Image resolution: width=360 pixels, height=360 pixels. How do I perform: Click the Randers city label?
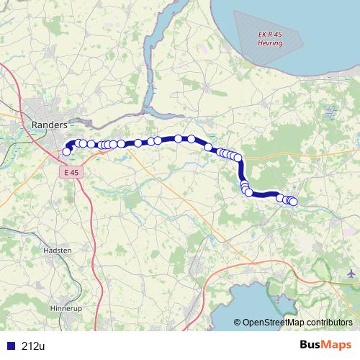[x=50, y=125]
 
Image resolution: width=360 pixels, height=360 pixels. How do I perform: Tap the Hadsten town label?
[x=57, y=250]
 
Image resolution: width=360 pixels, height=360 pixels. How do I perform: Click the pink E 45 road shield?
[x=70, y=173]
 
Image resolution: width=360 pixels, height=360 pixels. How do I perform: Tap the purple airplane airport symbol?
[x=351, y=274]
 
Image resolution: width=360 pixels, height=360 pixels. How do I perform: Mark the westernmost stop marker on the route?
[x=67, y=151]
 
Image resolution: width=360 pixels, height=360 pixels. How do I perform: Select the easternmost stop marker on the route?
[x=293, y=202]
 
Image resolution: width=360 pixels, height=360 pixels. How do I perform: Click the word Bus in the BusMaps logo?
[x=312, y=346]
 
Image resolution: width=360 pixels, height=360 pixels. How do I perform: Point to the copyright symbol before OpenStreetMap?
[x=238, y=323]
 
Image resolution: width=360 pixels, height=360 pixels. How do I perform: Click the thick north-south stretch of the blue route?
[x=241, y=173]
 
